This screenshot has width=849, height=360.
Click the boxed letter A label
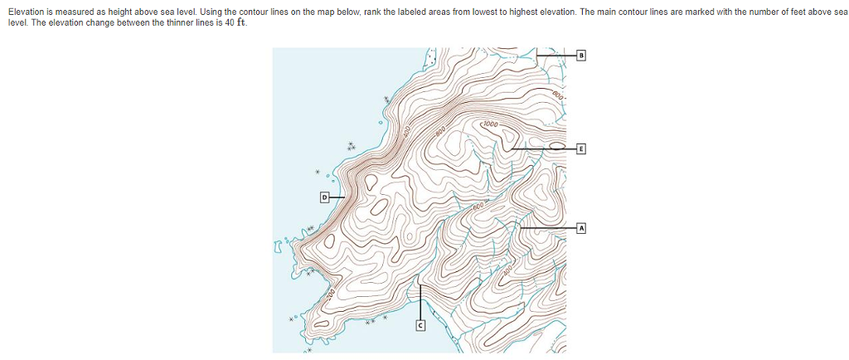coord(581,227)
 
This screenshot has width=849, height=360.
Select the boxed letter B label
coord(581,56)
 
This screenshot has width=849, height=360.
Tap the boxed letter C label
coord(420,328)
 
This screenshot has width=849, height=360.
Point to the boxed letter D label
coord(325,197)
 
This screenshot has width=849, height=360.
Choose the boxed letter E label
coord(581,149)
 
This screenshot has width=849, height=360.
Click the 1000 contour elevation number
coord(490,124)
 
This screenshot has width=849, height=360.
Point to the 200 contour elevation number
coord(331,293)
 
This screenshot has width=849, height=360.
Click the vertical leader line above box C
coord(420,303)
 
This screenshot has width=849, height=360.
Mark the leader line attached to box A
coord(547,227)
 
